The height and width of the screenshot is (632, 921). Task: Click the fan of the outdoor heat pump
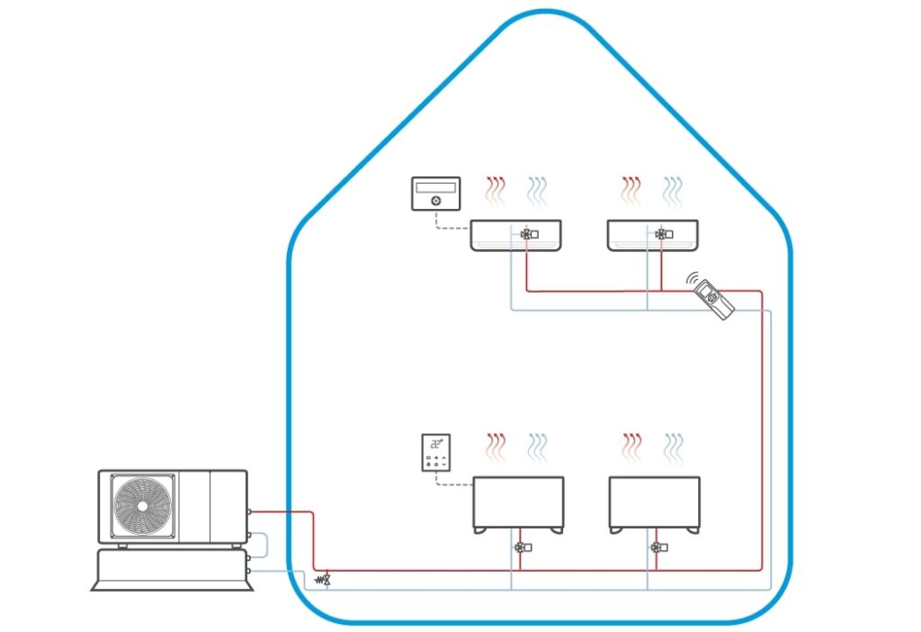click(x=140, y=506)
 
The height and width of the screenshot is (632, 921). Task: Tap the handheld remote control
click(x=714, y=298)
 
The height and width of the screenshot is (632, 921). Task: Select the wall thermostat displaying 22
click(x=436, y=452)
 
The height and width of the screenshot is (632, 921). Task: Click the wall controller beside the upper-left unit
click(x=436, y=194)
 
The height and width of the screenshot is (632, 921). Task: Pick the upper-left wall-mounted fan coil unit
click(x=516, y=235)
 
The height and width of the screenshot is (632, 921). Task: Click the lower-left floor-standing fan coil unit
click(x=519, y=503)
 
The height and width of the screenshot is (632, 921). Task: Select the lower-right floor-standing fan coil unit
click(x=654, y=503)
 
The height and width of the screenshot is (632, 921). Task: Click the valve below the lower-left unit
click(x=521, y=546)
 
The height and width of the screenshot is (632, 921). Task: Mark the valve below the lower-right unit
click(x=657, y=546)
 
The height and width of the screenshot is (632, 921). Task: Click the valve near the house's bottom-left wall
click(x=326, y=579)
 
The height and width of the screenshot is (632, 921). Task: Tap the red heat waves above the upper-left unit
click(x=496, y=190)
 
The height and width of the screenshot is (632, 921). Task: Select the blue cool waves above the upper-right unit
click(x=673, y=190)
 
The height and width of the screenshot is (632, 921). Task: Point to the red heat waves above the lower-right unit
click(x=632, y=446)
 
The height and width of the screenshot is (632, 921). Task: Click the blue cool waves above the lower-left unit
click(x=538, y=446)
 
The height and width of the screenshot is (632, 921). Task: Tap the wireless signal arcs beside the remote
click(x=692, y=280)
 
